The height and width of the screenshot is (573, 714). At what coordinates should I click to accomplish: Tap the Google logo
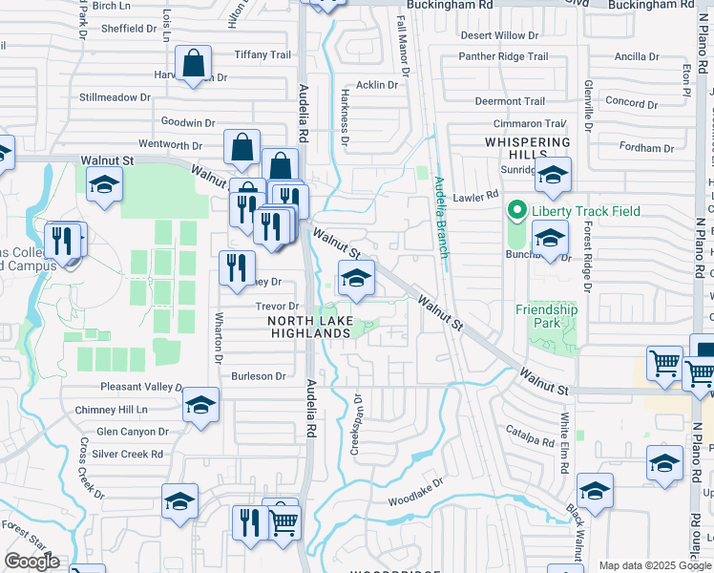pos(31,562)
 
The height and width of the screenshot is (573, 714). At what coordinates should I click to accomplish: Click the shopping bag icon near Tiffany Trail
pos(194,65)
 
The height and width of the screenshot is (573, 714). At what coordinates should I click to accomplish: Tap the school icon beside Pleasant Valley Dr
pos(200,405)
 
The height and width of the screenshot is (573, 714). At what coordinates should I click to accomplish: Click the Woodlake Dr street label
pos(416,500)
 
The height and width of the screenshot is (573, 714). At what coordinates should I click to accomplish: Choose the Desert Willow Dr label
pos(499,35)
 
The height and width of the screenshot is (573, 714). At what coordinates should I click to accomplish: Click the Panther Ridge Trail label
pos(503,56)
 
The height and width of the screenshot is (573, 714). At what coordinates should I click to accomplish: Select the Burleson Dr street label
pos(257,376)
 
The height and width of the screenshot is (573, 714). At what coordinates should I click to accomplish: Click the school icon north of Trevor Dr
pos(356,278)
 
